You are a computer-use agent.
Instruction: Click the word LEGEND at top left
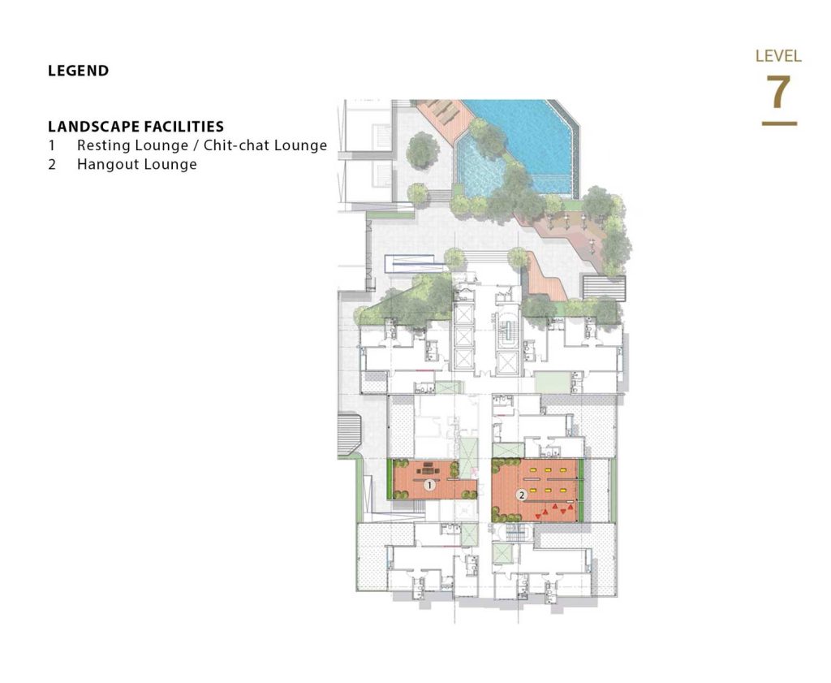pyautogui.click(x=79, y=71)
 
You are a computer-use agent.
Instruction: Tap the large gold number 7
pyautogui.click(x=778, y=91)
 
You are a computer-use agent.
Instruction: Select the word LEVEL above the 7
pyautogui.click(x=778, y=56)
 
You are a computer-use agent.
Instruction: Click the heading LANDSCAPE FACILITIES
pyautogui.click(x=136, y=126)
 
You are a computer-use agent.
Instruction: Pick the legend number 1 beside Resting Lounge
pyautogui.click(x=52, y=145)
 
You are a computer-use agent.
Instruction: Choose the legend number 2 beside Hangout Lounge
pyautogui.click(x=52, y=164)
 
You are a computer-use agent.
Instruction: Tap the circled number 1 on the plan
pyautogui.click(x=430, y=485)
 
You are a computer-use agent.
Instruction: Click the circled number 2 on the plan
pyautogui.click(x=522, y=495)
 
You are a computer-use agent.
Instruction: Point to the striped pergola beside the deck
pyautogui.click(x=603, y=288)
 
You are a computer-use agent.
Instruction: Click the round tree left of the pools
pyautogui.click(x=422, y=150)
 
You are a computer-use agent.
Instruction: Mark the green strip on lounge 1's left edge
pyautogui.click(x=390, y=479)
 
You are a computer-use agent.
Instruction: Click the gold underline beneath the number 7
pyautogui.click(x=779, y=123)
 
